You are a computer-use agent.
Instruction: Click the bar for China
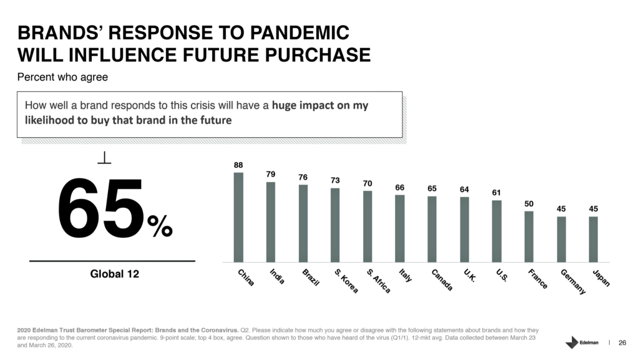(238, 218)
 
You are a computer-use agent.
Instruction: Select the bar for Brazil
(303, 223)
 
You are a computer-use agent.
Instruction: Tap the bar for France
(529, 236)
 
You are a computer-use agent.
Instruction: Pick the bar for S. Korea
(335, 225)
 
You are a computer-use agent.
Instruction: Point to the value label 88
(238, 165)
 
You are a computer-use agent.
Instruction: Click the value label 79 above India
(271, 174)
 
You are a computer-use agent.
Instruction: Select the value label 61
(496, 193)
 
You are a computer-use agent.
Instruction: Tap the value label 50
(529, 203)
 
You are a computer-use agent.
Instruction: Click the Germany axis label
(573, 281)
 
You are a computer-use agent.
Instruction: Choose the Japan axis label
(602, 278)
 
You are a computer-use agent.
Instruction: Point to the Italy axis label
(406, 275)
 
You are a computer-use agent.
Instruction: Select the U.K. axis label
(469, 275)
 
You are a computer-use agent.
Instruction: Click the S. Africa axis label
(379, 281)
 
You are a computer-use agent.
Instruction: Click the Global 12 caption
(115, 274)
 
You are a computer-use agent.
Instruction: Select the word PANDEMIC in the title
(300, 32)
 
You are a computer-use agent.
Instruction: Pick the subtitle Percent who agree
(62, 77)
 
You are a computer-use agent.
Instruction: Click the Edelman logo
(582, 343)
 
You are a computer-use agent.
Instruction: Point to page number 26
(622, 343)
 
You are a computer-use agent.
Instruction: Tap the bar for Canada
(432, 229)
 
